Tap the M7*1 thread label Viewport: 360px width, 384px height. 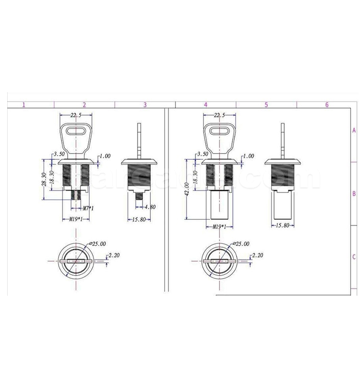click(89, 208)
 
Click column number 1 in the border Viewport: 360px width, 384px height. click(23, 104)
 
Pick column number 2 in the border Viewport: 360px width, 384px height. click(84, 104)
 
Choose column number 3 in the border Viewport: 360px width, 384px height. click(144, 104)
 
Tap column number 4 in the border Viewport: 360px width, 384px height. click(205, 104)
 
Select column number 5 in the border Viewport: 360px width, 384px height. click(265, 104)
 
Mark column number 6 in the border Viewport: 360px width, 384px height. click(326, 104)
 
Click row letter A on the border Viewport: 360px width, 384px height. click(354, 130)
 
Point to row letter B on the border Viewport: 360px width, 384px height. click(354, 194)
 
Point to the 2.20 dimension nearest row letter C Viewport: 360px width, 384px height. click(257, 256)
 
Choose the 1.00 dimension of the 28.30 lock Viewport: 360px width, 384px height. click(105, 156)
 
